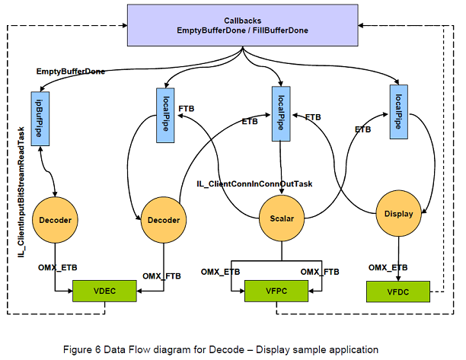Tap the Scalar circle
click(x=281, y=218)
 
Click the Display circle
click(x=397, y=214)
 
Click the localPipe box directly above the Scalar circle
click(x=281, y=113)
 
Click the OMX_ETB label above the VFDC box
click(x=387, y=267)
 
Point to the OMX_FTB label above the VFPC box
click(x=320, y=272)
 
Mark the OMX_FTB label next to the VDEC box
click(x=161, y=276)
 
